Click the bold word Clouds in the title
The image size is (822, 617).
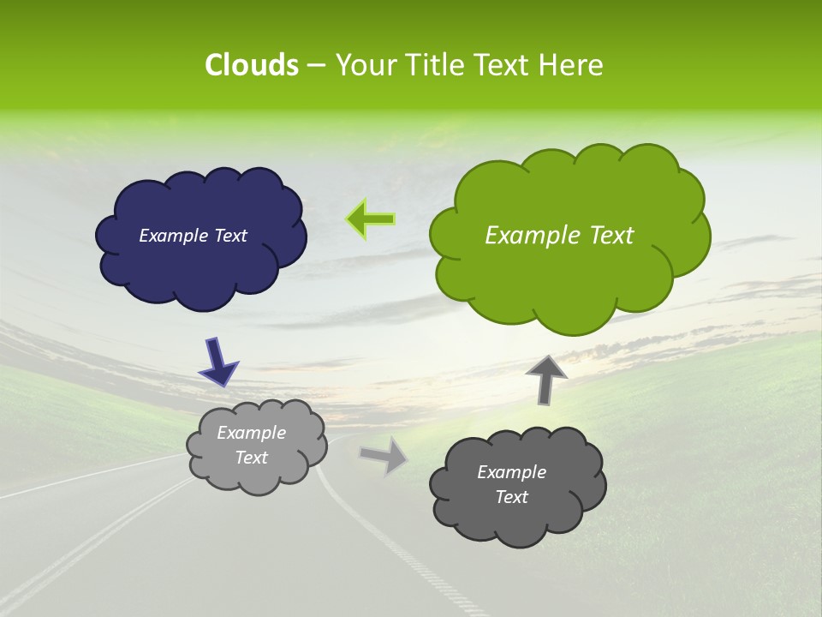point(251,65)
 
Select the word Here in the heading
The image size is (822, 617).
point(573,65)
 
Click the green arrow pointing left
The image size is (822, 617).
point(371,219)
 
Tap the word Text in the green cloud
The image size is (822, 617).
point(610,236)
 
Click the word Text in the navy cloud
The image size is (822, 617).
point(229,236)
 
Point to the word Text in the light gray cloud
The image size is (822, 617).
point(252,458)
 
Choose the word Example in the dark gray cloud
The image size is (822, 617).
point(511,472)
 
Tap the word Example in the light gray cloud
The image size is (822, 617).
point(252,433)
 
